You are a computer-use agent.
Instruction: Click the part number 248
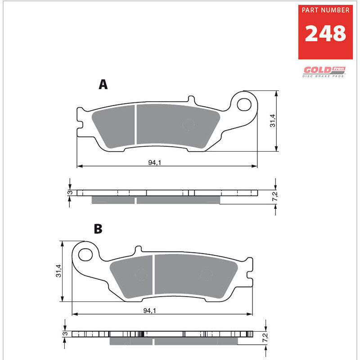click(325, 33)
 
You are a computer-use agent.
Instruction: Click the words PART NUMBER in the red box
click(325, 10)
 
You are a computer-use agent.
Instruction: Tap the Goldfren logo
click(324, 72)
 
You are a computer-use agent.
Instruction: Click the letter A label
click(103, 85)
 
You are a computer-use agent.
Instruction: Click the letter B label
click(98, 229)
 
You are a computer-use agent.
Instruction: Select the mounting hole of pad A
click(244, 104)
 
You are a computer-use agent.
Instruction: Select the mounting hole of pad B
click(85, 255)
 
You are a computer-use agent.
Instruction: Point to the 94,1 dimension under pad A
click(154, 162)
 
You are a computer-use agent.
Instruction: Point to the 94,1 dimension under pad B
click(150, 310)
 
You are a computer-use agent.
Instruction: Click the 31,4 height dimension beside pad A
click(273, 121)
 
